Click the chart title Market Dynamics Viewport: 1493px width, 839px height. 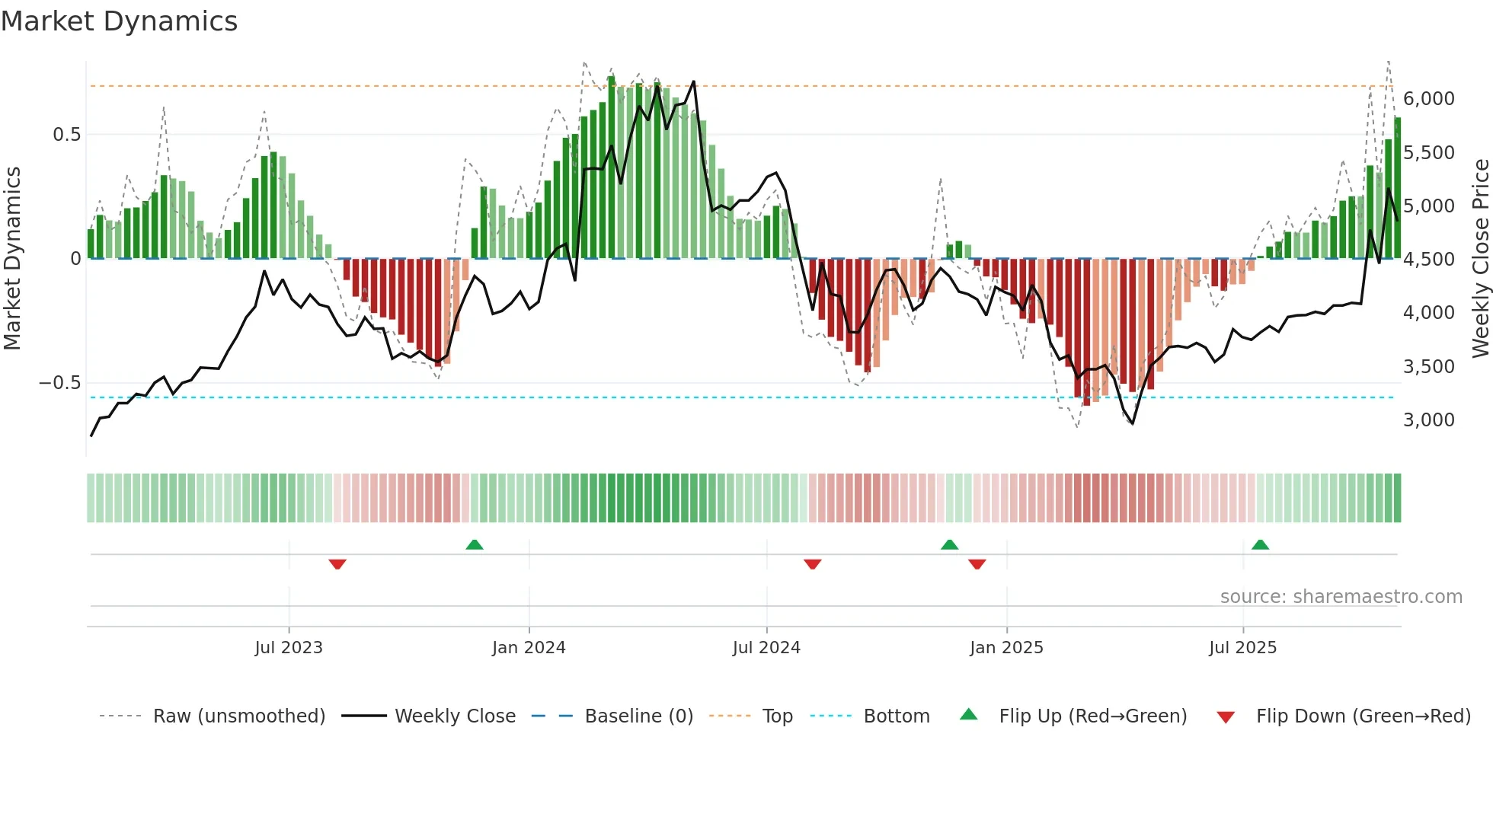[120, 21]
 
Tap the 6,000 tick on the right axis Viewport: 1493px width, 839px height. [1428, 99]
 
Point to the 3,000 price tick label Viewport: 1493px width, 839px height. [1428, 420]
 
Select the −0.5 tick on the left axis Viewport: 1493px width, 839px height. [60, 383]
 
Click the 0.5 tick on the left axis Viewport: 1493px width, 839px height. [66, 135]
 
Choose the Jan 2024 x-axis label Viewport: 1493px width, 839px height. [529, 648]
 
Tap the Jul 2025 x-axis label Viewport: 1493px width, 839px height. [1242, 648]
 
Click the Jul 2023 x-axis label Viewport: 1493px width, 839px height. [289, 648]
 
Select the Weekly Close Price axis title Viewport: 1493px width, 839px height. [1480, 258]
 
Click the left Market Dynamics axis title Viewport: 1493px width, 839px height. [12, 258]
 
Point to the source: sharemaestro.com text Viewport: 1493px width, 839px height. [1341, 597]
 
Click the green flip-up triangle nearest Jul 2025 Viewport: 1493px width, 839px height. [1260, 544]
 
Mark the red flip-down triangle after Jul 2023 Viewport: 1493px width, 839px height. [337, 564]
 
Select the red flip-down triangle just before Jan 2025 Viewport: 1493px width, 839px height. [977, 564]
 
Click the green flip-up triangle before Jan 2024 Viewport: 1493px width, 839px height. [475, 544]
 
